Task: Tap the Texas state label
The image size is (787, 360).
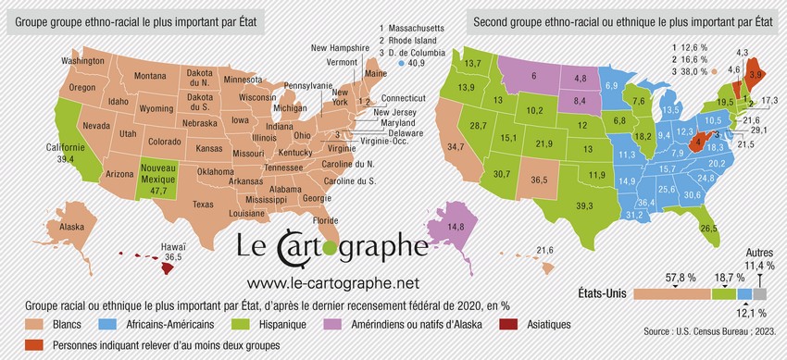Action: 204,204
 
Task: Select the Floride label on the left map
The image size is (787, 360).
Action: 326,220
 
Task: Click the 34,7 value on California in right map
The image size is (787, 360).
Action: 456,147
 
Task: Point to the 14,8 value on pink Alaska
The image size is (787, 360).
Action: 455,226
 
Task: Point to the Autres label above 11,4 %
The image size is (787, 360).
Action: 760,252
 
